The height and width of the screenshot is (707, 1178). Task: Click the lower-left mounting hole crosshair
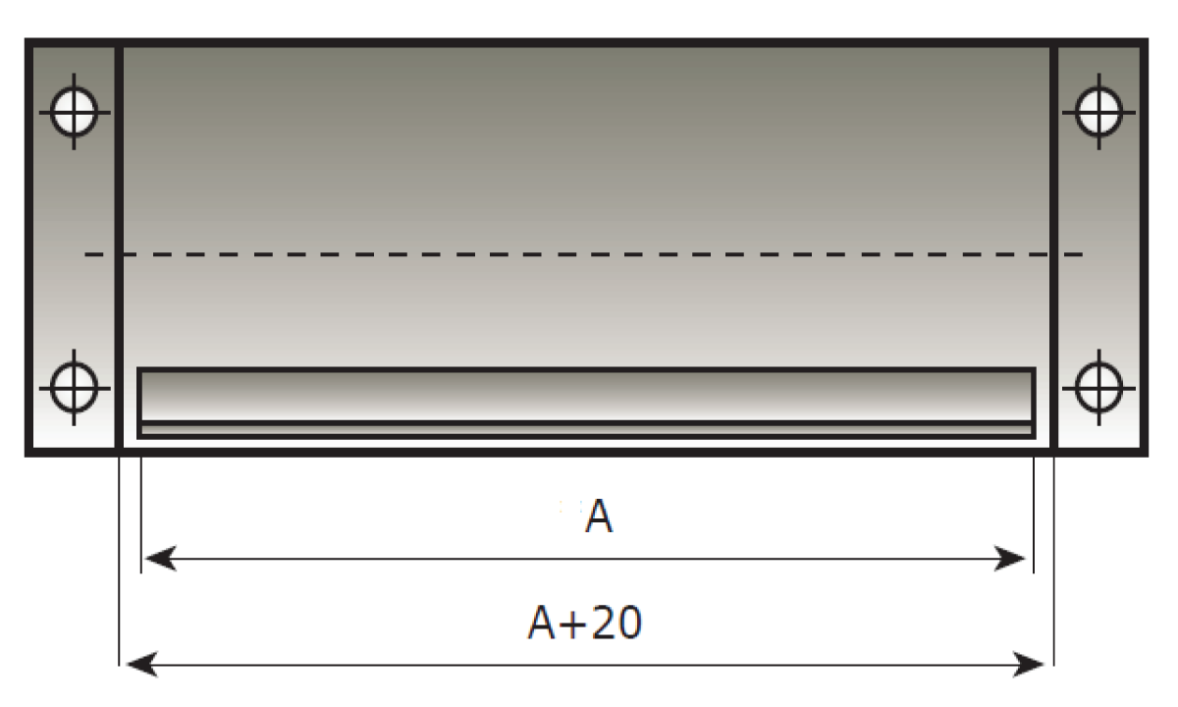pos(75,384)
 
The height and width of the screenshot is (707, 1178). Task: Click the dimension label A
pos(599,517)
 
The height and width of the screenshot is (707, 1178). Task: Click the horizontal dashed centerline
pos(589,255)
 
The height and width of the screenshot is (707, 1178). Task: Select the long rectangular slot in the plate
pos(586,396)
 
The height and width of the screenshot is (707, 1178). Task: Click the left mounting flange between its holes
pos(75,245)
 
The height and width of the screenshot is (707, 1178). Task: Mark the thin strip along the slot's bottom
pos(586,429)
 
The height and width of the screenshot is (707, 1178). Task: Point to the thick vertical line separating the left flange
pos(119,245)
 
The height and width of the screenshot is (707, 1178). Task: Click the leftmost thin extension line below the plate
pos(119,560)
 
